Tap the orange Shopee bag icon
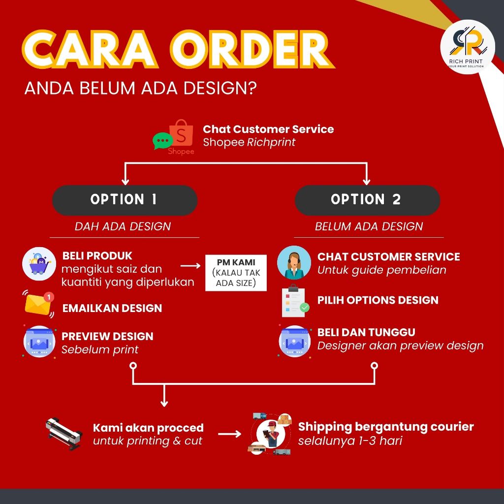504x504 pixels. pos(181,133)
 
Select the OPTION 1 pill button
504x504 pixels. pos(125,200)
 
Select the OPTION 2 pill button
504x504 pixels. pos(367,200)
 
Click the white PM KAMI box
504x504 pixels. pos(235,272)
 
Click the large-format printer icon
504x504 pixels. pos(63,434)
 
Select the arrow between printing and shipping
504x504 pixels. pos(229,434)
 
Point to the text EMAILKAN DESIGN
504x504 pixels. pos(112,308)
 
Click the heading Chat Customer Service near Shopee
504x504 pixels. pos(268,129)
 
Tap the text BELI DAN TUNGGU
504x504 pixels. pos(366,332)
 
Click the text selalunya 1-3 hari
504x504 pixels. pos(350,441)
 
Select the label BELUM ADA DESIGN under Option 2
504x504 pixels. pos(369,226)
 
